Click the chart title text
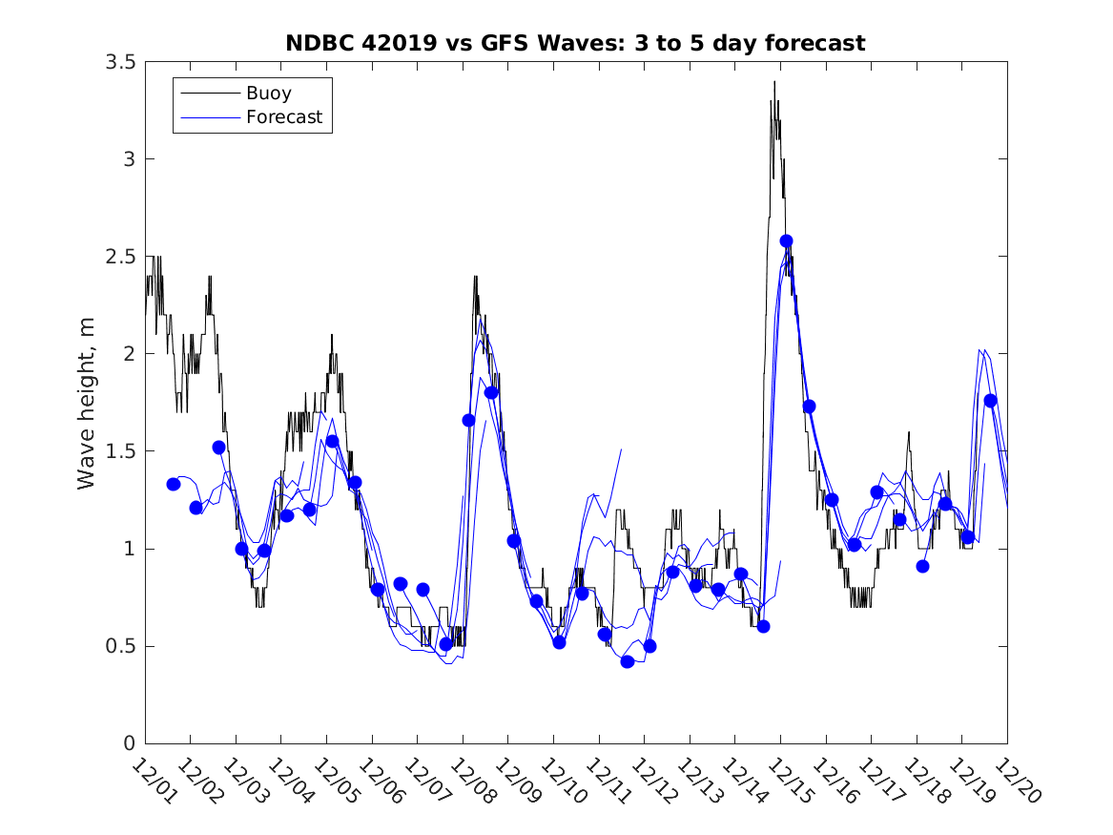pos(575,43)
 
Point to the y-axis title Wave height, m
pos(87,403)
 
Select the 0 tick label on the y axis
pos(129,743)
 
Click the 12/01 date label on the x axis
pos(152,780)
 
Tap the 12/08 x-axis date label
pos(469,780)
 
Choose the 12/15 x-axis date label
pos(787,780)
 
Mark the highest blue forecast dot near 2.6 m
pos(786,240)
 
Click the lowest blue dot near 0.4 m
pos(627,661)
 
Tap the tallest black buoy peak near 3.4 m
pos(774,82)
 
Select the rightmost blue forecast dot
pos(990,400)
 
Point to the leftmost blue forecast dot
pos(173,484)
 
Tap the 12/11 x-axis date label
pos(606,780)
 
